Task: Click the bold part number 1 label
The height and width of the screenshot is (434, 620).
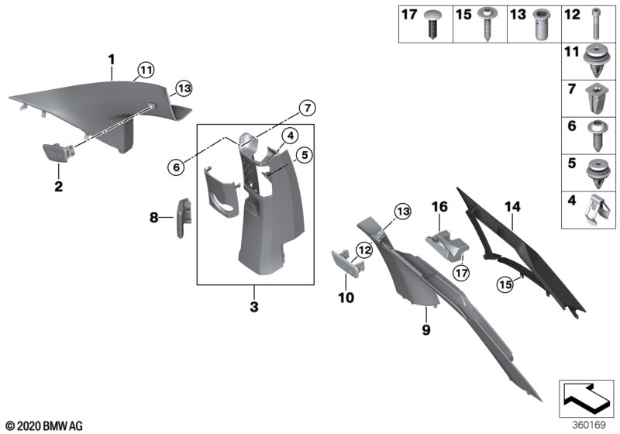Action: point(111,59)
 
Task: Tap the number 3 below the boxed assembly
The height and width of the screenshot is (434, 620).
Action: point(254,308)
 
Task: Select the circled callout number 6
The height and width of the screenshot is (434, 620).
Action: point(177,164)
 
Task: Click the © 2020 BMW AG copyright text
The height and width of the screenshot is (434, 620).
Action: point(43,425)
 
